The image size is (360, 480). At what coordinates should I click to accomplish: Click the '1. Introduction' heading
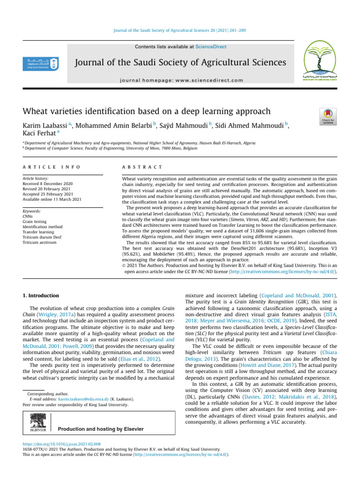pyautogui.click(x=41, y=296)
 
